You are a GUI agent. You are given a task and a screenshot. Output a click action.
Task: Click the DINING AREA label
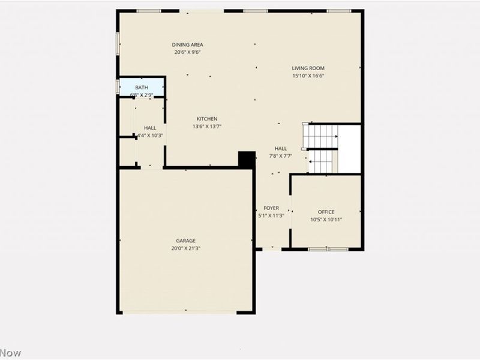(188, 44)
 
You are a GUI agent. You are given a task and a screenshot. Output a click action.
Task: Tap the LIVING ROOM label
(308, 68)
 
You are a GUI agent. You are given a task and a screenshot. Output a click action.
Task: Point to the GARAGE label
(185, 241)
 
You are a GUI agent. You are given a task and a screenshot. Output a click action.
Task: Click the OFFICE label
(326, 212)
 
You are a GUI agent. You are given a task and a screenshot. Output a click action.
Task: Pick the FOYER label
(271, 208)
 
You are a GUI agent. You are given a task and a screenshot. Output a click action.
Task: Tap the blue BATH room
(142, 87)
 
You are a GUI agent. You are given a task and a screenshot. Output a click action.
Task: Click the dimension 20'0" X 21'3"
(185, 248)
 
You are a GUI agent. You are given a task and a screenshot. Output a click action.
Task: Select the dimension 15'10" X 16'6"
(308, 76)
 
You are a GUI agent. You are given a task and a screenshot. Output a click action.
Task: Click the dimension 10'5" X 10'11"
(326, 220)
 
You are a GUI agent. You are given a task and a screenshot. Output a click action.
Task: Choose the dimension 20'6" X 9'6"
(188, 52)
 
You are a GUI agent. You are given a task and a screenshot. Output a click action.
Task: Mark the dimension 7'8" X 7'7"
(281, 156)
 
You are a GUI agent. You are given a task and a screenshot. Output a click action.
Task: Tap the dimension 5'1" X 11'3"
(271, 216)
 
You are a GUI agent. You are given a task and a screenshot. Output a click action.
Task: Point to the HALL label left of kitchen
(150, 128)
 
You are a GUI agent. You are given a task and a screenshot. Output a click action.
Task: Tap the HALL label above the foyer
(281, 148)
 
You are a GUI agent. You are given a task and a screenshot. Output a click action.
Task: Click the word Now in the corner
(10, 353)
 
